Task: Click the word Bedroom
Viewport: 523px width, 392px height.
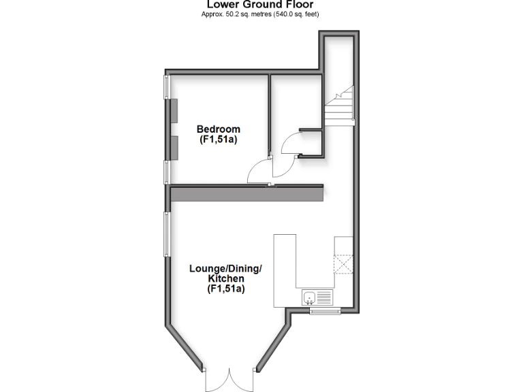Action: point(218,129)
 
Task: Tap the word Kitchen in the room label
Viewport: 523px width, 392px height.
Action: point(226,279)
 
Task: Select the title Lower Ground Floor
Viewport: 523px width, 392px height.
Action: point(261,5)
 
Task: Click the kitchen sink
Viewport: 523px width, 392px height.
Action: point(311,297)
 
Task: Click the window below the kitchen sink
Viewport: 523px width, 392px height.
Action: point(326,312)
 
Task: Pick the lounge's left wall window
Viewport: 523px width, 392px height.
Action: point(166,235)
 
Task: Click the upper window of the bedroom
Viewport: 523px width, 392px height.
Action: point(166,86)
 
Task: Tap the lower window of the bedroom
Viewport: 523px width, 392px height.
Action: point(166,171)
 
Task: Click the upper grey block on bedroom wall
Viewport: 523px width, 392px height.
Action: point(174,110)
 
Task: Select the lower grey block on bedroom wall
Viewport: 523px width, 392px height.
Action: point(174,147)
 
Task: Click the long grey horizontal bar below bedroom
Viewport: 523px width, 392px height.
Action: point(246,195)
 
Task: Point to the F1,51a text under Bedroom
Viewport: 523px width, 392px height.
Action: point(218,140)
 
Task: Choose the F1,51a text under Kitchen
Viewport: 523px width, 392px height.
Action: point(226,289)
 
